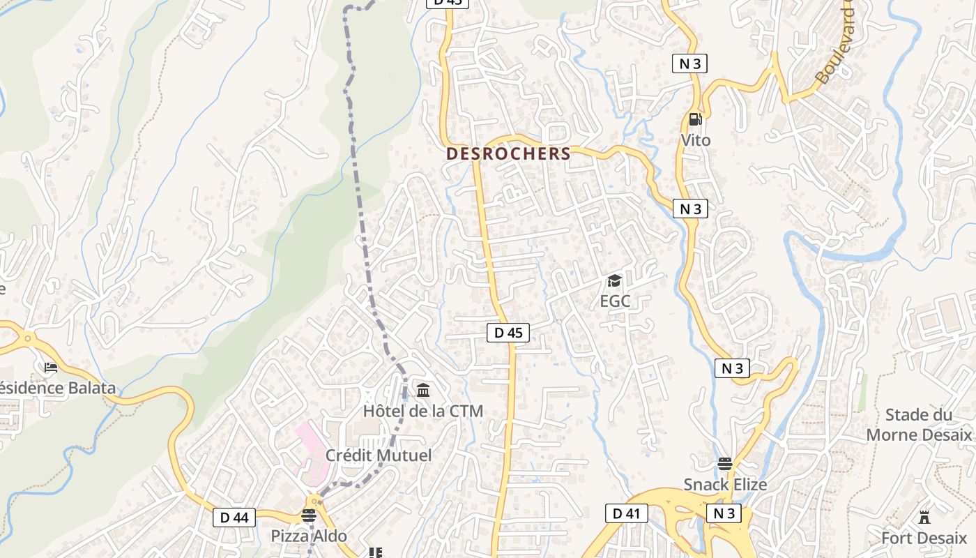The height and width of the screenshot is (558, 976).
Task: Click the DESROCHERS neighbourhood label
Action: point(508,153)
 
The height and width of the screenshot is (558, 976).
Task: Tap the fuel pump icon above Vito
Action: point(694,119)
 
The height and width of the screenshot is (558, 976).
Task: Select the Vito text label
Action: point(696,140)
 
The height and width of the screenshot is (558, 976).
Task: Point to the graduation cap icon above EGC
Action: point(614,280)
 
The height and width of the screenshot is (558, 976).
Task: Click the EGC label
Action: point(615,301)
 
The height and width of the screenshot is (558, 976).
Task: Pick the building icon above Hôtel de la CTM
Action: point(423,390)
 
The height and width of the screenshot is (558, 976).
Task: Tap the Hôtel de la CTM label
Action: point(423,411)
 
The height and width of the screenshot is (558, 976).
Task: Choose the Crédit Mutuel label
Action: point(379,455)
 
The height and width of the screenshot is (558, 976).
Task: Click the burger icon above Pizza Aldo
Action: point(308,515)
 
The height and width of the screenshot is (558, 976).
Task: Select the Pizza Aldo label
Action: point(309,536)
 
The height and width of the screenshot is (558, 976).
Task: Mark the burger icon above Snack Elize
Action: point(724,464)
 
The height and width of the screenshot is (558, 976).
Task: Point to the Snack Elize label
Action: point(725,485)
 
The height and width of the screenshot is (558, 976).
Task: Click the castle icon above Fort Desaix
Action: point(924,518)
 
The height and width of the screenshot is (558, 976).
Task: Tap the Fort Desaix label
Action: point(924,538)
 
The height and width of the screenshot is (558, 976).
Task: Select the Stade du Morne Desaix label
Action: point(919,425)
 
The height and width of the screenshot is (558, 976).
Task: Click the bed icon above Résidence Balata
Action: point(50,367)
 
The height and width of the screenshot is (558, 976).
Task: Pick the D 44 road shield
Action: point(234,518)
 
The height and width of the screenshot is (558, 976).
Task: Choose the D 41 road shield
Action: point(626,514)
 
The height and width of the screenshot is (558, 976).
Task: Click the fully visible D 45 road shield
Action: point(508,333)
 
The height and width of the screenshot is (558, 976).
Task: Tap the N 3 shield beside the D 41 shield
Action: point(724,514)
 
